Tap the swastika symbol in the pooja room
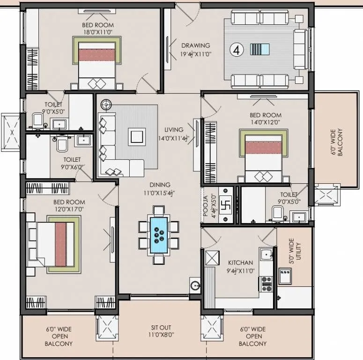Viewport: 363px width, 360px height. [x=223, y=206]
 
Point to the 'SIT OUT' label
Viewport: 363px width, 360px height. [x=161, y=328]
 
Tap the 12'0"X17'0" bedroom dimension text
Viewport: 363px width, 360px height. [x=69, y=210]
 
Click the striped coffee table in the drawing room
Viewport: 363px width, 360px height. [x=259, y=50]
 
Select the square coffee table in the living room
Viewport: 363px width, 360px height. [x=137, y=136]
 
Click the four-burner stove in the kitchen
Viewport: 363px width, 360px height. [x=266, y=282]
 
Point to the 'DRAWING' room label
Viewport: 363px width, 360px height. [x=195, y=45]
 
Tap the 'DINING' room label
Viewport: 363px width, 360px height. [x=160, y=185]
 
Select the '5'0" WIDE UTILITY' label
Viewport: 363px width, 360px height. [x=291, y=251]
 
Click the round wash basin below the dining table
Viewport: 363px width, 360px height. [x=195, y=285]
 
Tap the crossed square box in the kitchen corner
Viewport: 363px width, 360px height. [x=212, y=258]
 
